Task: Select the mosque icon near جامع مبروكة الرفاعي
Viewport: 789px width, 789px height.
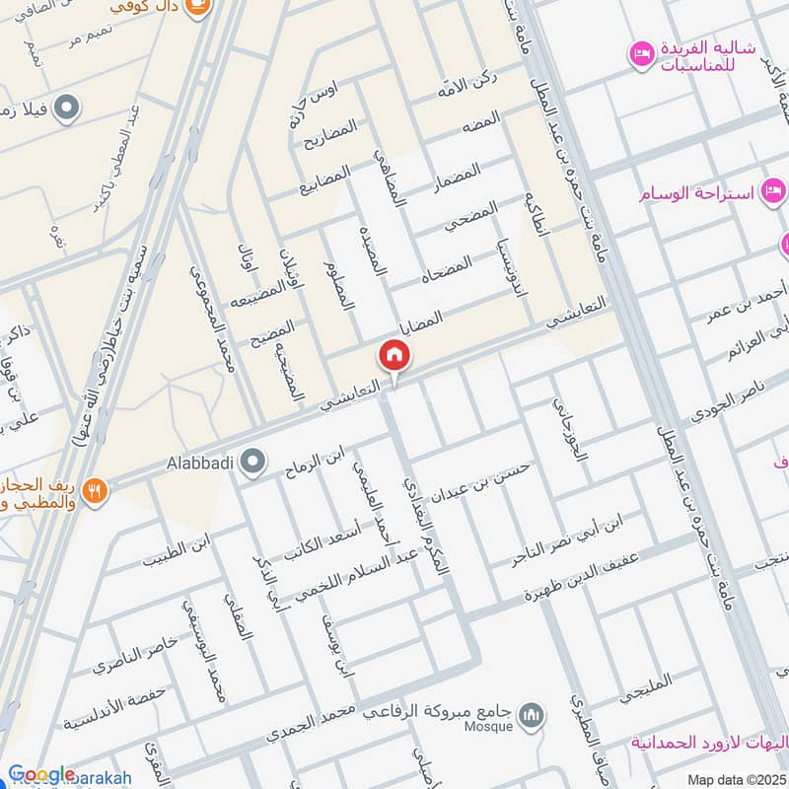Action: (534, 713)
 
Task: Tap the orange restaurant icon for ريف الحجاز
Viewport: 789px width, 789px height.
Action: (95, 489)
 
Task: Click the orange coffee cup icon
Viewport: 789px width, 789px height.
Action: (200, 8)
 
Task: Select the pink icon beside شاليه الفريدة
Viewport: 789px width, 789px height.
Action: (642, 50)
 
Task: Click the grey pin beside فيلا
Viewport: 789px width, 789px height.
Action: (67, 107)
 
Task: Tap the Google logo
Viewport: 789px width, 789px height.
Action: (40, 774)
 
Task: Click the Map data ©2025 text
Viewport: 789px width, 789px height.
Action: (735, 780)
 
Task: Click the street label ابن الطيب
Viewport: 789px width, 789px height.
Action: (178, 551)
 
